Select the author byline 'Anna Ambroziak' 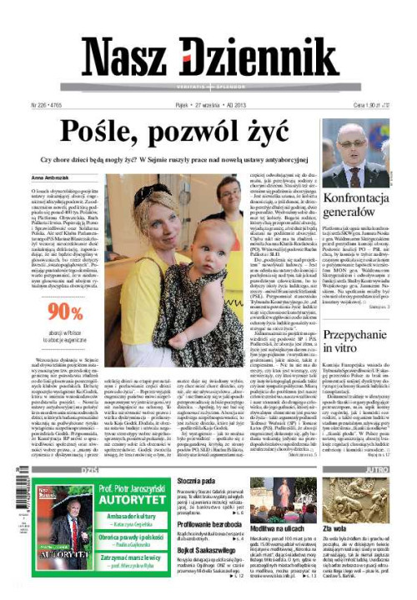point(49,178)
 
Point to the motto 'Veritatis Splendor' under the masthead point(208,87)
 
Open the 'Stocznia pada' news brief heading point(198,481)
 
